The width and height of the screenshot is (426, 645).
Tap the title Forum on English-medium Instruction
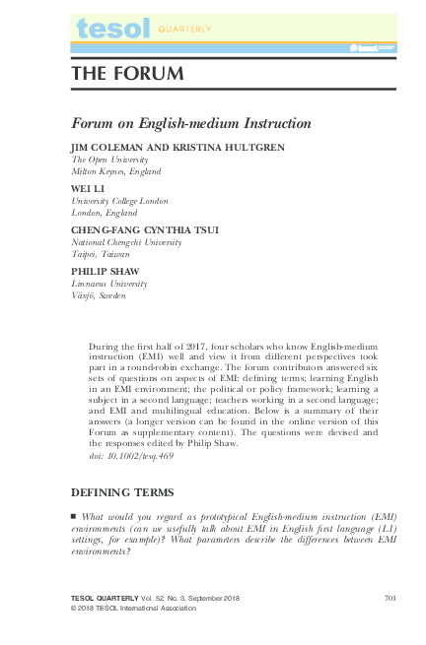coord(191,124)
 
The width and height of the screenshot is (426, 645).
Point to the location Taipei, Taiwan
coord(101,253)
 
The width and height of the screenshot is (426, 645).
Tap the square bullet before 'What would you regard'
coord(74,516)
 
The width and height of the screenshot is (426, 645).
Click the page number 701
coord(390,599)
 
